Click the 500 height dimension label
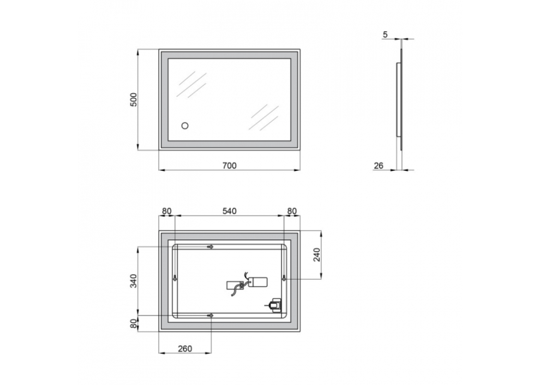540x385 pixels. pos(133,100)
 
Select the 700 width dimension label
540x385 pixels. pos(229,166)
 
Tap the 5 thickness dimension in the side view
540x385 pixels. pos(385,35)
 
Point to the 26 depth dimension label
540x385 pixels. pos(378,166)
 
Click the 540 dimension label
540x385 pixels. pos(229,211)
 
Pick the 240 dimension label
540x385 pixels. pos(317,255)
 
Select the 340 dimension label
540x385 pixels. pos(133,280)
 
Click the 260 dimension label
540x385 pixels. pos(185,349)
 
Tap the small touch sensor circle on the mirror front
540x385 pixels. pos(185,126)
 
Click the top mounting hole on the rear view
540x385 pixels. pos(211,247)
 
